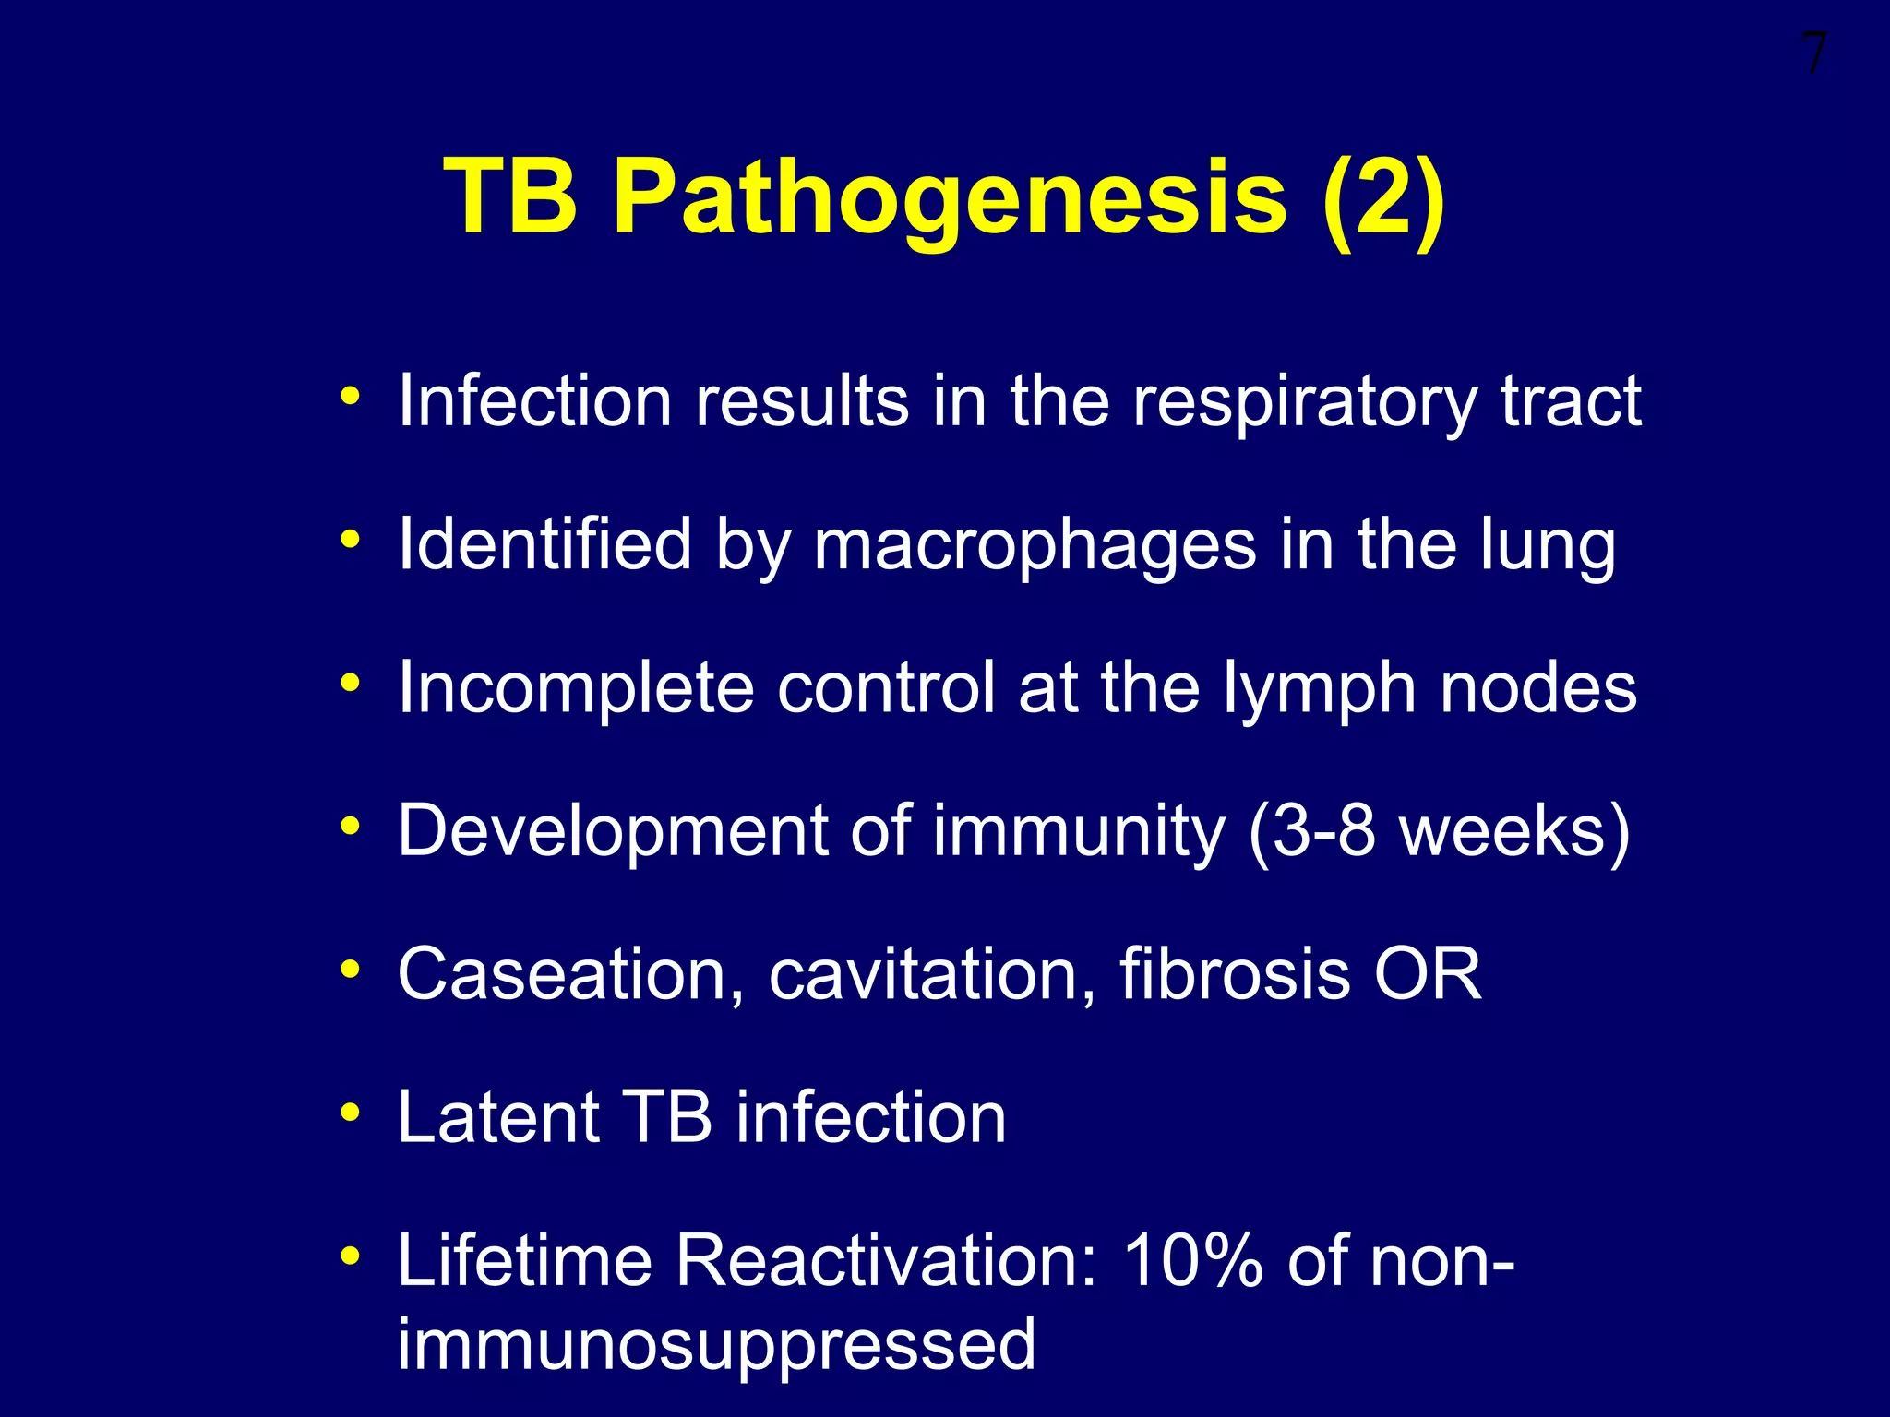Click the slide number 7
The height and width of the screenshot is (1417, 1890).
pyautogui.click(x=1812, y=55)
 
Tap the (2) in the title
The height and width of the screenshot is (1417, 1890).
pyautogui.click(x=1382, y=198)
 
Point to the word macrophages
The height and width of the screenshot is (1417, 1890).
pyautogui.click(x=1034, y=545)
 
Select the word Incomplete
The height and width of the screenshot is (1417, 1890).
pyautogui.click(x=576, y=689)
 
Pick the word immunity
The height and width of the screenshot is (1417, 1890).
pyautogui.click(x=1078, y=833)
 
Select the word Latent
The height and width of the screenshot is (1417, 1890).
pyautogui.click(x=498, y=1117)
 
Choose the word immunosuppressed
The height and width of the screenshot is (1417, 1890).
pyautogui.click(x=716, y=1345)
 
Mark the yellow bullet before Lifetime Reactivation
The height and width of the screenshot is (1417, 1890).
pyautogui.click(x=350, y=1256)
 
